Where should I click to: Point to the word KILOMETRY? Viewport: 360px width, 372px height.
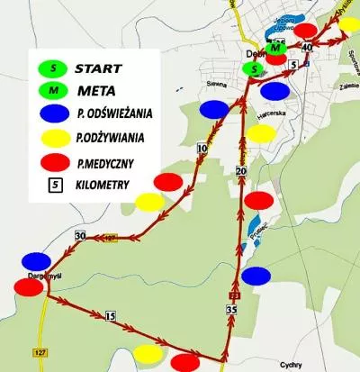coord(103,186)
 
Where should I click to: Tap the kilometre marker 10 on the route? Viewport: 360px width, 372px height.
coord(202,148)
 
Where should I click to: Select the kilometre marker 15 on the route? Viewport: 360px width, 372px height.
coord(111,316)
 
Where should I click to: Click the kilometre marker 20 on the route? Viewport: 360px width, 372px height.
coord(240,169)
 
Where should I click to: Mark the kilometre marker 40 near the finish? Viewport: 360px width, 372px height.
coord(308,46)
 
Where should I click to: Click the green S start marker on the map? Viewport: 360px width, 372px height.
coord(256,68)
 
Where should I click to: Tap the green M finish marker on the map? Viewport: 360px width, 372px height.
coord(276,48)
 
